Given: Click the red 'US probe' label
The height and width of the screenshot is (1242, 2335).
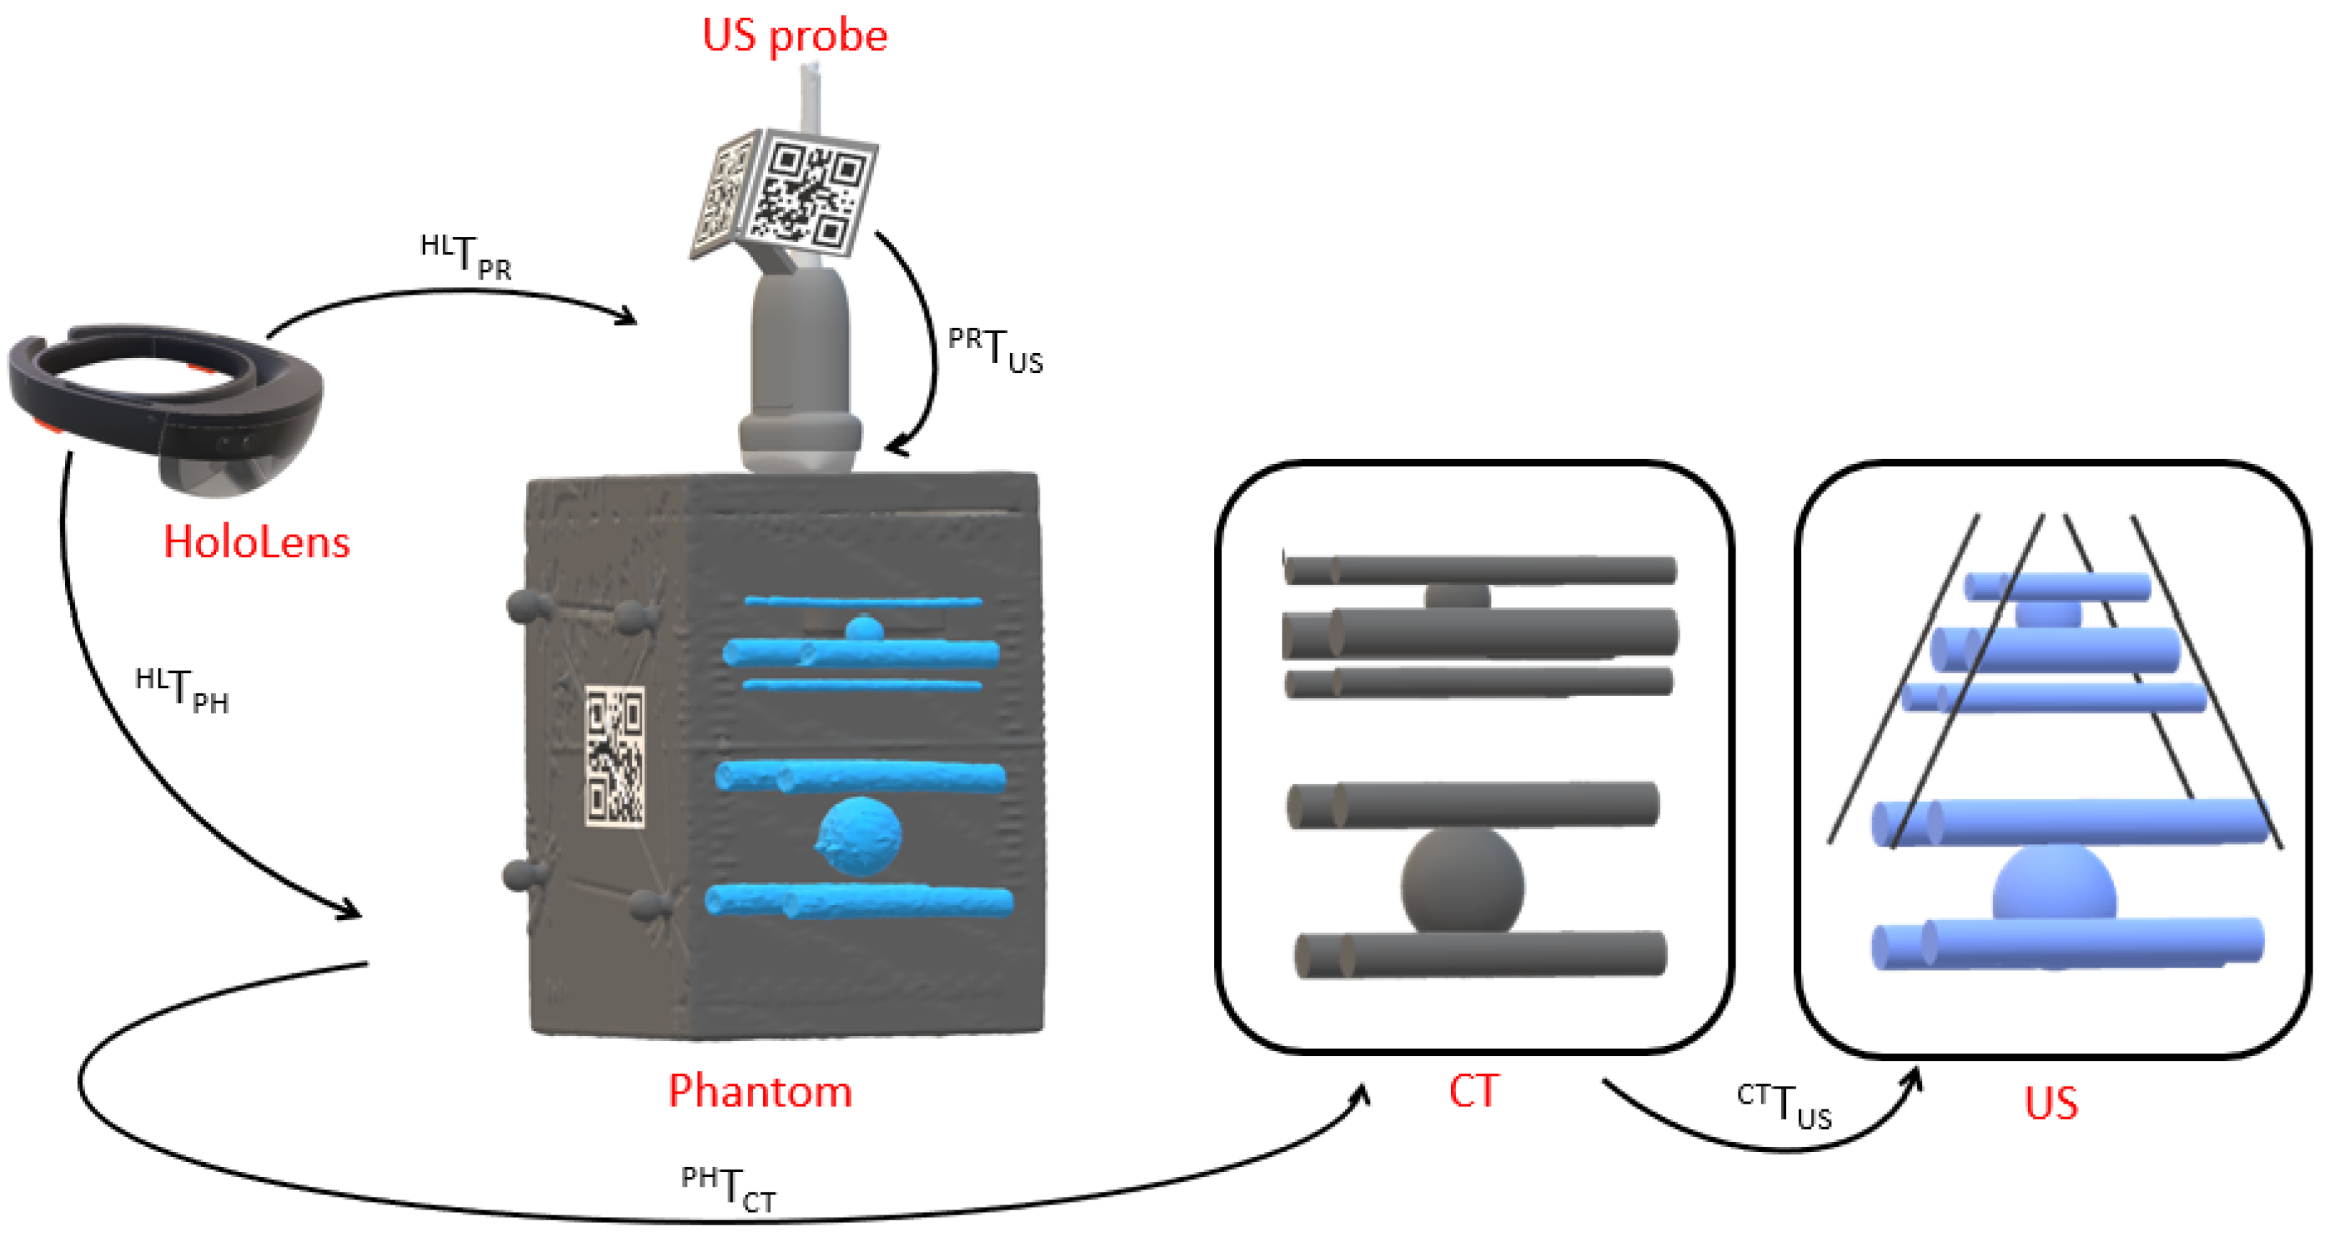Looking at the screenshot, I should tap(794, 36).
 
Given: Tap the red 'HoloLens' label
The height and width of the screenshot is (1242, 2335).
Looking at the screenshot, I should tap(256, 542).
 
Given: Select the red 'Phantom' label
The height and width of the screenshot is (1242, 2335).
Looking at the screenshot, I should tap(759, 1091).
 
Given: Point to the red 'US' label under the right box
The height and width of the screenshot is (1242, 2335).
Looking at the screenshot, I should tap(2050, 1103).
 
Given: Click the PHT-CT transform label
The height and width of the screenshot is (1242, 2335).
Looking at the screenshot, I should tap(728, 1189).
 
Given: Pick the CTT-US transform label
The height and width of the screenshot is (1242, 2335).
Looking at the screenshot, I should tap(1784, 1106).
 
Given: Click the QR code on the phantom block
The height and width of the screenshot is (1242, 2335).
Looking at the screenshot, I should tap(615, 757).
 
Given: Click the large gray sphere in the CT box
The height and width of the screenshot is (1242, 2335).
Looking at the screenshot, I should tap(1461, 884).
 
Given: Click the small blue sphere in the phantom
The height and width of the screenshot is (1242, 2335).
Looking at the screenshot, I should tap(863, 628).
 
